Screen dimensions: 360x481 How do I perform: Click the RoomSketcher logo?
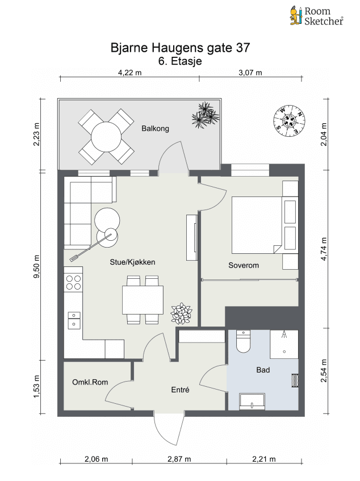[316, 16]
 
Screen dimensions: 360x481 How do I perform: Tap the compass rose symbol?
[289, 121]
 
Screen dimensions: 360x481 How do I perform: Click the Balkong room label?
[155, 128]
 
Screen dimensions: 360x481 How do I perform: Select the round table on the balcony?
[106, 136]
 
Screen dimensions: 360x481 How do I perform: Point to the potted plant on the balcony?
[206, 115]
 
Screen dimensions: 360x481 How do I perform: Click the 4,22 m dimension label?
[130, 73]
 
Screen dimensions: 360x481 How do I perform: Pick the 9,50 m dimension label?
[37, 266]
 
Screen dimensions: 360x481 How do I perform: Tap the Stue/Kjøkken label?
[132, 262]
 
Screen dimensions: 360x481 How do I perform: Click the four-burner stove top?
[73, 283]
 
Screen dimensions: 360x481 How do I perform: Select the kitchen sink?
[74, 320]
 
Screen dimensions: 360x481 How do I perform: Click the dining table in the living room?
[143, 300]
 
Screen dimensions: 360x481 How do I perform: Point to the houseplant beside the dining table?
[182, 313]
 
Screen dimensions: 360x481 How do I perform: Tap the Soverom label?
[244, 265]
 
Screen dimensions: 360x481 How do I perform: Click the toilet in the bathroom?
[244, 341]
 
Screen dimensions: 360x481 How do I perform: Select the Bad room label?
[263, 370]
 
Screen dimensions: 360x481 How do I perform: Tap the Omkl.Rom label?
[90, 382]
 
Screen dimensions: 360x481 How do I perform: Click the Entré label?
[181, 390]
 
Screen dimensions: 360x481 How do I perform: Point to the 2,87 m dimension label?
[179, 459]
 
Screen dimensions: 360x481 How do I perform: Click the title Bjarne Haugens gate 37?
[181, 48]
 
